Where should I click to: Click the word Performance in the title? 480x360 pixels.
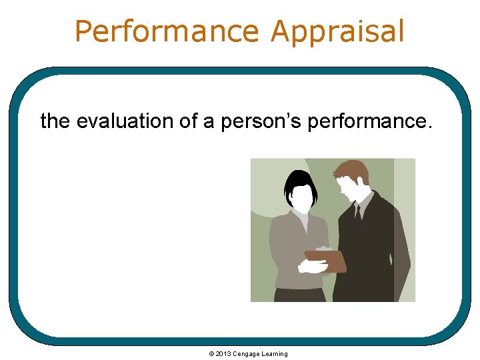point(167,31)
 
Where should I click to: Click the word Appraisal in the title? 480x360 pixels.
point(338,31)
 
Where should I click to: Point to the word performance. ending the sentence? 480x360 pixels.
point(370,121)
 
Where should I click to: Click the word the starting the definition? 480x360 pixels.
point(55,121)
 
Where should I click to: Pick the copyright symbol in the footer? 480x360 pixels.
point(211,354)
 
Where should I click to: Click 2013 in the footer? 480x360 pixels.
point(222,354)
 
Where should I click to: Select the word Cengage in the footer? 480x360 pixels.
point(246,354)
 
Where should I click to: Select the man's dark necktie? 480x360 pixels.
point(358,215)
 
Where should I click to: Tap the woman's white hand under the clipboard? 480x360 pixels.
point(312,267)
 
